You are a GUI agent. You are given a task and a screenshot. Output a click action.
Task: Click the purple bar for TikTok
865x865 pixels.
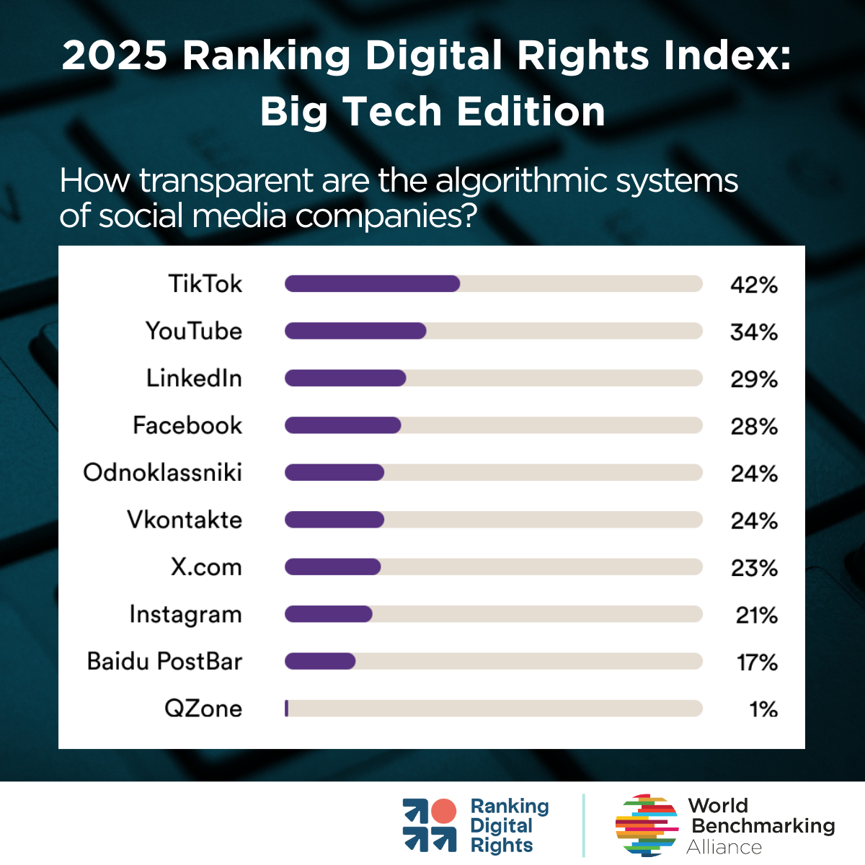(x=372, y=284)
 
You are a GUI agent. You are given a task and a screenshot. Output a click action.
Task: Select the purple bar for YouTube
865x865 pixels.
(x=355, y=331)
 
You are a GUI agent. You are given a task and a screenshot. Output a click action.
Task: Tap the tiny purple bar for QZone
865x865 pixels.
(x=287, y=709)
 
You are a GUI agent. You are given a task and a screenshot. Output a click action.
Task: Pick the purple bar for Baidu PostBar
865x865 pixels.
(x=320, y=661)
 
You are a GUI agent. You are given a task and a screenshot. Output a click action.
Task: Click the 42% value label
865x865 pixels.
(x=753, y=285)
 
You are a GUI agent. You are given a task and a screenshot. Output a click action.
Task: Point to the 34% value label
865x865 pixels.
(x=753, y=332)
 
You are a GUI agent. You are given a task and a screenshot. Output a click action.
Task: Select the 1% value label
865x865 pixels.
(x=763, y=709)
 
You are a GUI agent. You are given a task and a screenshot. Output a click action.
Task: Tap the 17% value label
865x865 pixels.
(x=756, y=662)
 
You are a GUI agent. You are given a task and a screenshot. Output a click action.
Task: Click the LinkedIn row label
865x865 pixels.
(x=194, y=378)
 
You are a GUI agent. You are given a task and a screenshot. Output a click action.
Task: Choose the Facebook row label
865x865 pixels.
(x=187, y=425)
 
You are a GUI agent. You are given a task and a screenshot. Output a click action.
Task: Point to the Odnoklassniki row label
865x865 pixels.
(x=162, y=473)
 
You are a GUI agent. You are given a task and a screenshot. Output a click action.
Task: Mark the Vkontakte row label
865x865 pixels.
(x=185, y=520)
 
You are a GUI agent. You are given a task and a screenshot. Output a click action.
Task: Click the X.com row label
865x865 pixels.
(x=206, y=567)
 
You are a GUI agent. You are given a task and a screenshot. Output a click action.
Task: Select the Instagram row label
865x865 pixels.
(x=185, y=615)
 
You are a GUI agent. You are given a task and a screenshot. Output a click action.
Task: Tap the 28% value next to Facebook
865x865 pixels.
(x=753, y=427)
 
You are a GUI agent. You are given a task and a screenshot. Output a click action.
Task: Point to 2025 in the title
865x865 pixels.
(x=115, y=56)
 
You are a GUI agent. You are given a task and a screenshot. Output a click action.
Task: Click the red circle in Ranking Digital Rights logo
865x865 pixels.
(x=443, y=812)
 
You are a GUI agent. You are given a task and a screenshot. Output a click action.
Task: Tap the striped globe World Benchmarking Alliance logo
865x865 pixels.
(x=647, y=825)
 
